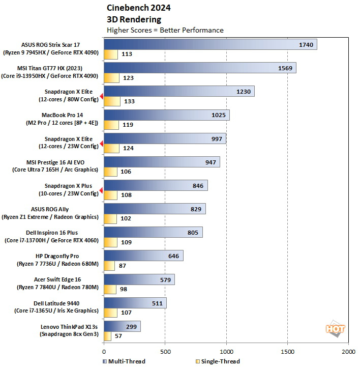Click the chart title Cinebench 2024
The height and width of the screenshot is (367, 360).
139,8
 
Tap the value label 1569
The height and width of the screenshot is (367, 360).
285,68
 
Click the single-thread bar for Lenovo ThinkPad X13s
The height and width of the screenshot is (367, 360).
107,336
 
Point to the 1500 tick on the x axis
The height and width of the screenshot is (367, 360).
288,351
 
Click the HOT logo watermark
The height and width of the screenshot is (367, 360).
335,329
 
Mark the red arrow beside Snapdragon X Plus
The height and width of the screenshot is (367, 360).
101,190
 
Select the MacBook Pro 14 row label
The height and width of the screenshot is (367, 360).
58,119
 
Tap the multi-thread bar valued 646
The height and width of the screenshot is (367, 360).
143,256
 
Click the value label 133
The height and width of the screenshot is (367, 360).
129,101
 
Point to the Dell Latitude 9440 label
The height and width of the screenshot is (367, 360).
58,306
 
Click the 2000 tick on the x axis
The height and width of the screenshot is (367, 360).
349,351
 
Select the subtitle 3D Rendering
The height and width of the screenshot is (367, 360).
134,19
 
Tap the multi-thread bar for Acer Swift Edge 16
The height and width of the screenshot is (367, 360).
139,279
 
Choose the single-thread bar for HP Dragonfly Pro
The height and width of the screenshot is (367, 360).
109,266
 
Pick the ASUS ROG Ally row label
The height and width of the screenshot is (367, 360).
58,213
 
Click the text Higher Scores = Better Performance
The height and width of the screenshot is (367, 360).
165,30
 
